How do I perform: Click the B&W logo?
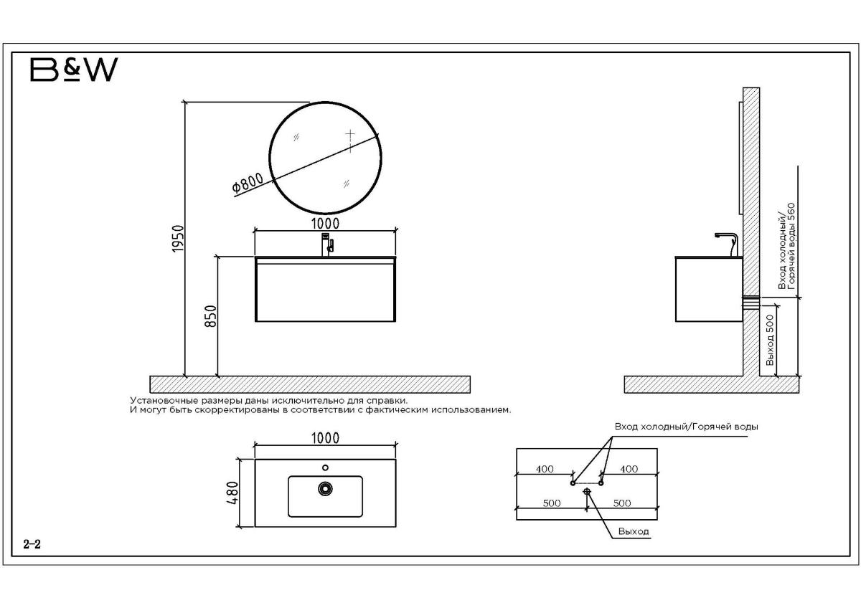(74, 70)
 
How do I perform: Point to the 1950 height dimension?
(178, 239)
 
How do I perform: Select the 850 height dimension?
(211, 316)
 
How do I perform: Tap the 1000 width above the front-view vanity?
(325, 224)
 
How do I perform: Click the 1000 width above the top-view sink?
(325, 438)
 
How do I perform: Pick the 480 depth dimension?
(233, 493)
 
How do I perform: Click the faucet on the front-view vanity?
(326, 244)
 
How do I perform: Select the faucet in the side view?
(725, 244)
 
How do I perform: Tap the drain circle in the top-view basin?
(325, 488)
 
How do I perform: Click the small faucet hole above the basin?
(325, 467)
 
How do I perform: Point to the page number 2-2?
(32, 544)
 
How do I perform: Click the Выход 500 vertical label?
(770, 340)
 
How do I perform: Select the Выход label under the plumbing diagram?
(634, 531)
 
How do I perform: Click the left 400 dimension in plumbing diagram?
(545, 469)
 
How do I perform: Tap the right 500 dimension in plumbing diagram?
(622, 503)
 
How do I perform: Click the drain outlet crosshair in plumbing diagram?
(587, 491)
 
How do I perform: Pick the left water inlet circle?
(573, 483)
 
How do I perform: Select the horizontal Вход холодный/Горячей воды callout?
(687, 427)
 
